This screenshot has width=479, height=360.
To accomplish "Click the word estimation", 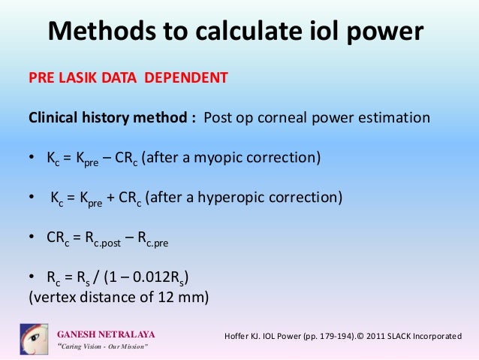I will click(x=391, y=118).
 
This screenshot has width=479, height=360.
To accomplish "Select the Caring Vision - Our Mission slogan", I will click(x=103, y=346).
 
